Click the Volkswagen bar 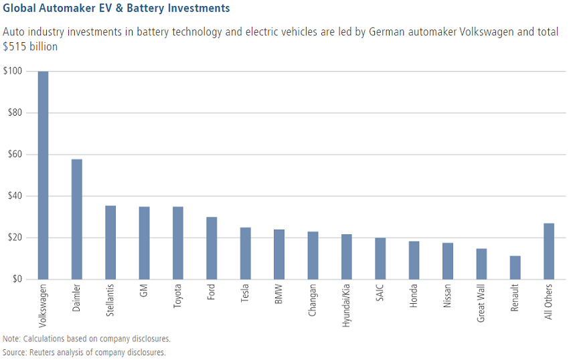pos(43,175)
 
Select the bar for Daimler pos(77,219)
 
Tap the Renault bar pos(515,267)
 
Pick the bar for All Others pos(549,251)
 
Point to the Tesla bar pos(246,253)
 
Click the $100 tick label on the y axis pos(13,72)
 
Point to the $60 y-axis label pos(15,155)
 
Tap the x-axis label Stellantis pos(111,301)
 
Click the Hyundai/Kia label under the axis pos(347,304)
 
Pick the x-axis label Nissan pos(448,297)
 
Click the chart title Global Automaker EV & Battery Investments pos(116,9)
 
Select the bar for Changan pos(313,255)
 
